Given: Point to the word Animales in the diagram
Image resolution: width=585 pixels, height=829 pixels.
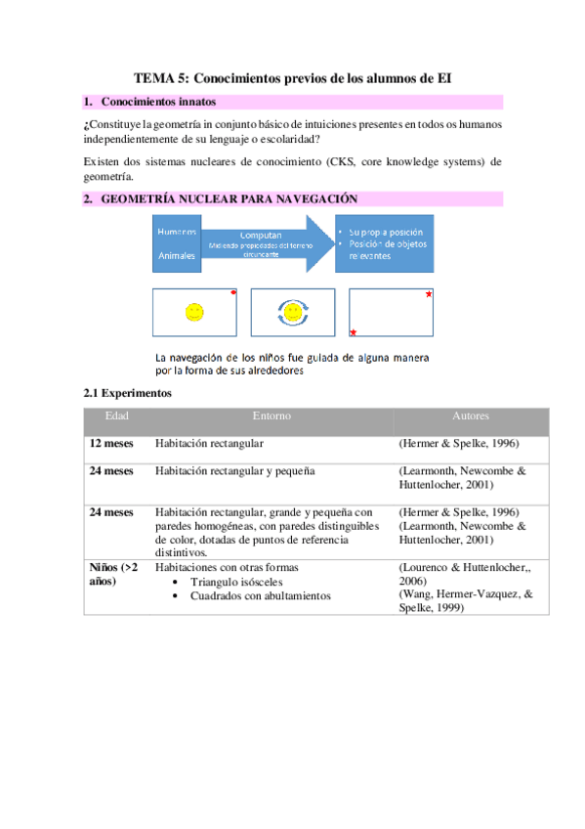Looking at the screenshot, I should point(177,256).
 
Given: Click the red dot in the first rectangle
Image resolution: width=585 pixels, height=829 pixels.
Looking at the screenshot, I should point(234,292).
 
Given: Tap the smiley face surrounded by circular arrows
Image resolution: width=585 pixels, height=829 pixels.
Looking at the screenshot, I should point(293,312).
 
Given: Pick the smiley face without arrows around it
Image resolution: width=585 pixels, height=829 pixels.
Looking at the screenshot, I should point(194,312).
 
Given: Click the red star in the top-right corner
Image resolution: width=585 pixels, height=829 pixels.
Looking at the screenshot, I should point(429,294).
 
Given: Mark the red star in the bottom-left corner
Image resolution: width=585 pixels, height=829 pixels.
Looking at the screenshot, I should point(353,332).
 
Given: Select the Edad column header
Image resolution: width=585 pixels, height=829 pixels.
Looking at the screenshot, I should point(116,416).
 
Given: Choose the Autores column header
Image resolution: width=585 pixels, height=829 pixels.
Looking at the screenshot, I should point(471,416).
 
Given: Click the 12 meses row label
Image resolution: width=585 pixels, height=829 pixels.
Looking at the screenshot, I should point(111,444).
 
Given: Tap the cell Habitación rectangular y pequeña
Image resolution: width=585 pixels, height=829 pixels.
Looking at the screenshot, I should point(234,471).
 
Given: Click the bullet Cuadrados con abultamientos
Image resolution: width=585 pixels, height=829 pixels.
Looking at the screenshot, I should point(260,595).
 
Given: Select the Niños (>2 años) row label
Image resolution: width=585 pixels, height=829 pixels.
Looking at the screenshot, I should point(113,574).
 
